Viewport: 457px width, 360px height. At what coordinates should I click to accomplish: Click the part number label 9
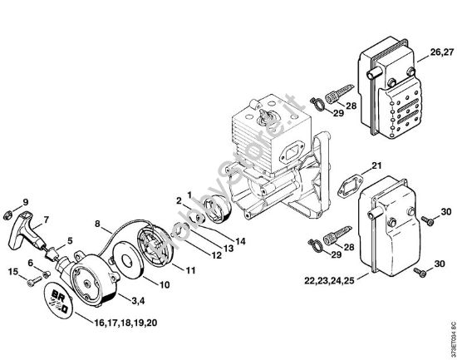24,202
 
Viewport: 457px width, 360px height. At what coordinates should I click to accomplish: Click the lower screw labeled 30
424,271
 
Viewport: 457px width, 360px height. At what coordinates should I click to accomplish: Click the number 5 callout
70,242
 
